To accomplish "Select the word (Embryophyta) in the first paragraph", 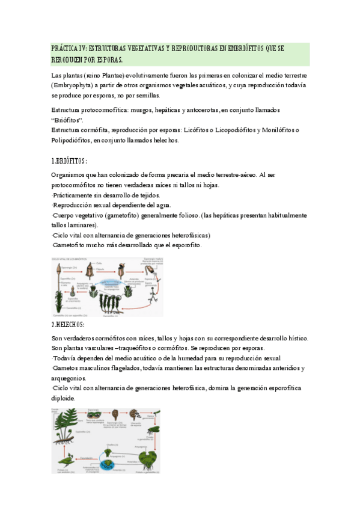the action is pyautogui.click(x=75, y=85).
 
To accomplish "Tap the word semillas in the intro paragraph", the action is pyautogui.click(x=147, y=95).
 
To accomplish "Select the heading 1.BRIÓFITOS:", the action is pyautogui.click(x=70, y=161).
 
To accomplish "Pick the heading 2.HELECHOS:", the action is pyautogui.click(x=70, y=325).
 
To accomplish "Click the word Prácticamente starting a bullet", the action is pyautogui.click(x=77, y=195).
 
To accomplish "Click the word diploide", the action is pyautogui.click(x=63, y=398).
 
